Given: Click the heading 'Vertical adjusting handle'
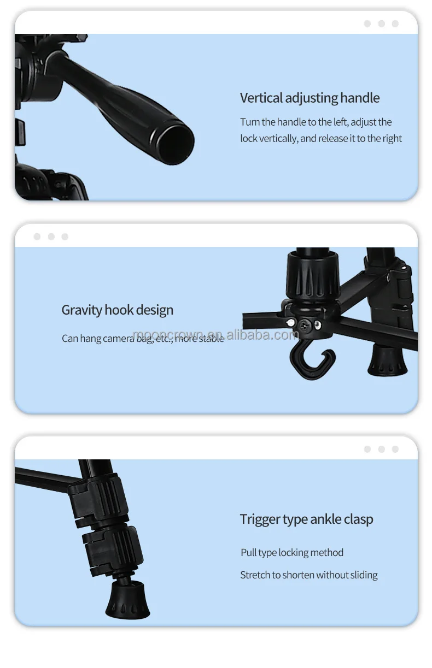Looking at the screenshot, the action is (x=310, y=98).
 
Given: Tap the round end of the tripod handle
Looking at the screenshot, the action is (x=176, y=144).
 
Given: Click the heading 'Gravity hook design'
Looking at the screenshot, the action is (x=118, y=310).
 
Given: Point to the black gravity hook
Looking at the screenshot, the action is (x=312, y=364).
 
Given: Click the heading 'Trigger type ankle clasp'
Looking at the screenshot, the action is (x=307, y=519).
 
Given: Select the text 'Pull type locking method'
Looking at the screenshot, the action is (x=292, y=553).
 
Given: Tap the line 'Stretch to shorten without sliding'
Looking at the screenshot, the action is (x=309, y=575).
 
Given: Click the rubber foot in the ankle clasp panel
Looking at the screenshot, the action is (x=127, y=599).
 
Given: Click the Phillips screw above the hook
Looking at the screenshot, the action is (x=304, y=325).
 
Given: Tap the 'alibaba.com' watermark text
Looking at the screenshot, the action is (x=262, y=335).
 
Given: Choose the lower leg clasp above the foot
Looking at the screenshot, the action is (x=113, y=552).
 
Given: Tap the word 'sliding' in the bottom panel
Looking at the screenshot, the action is (x=364, y=575).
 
